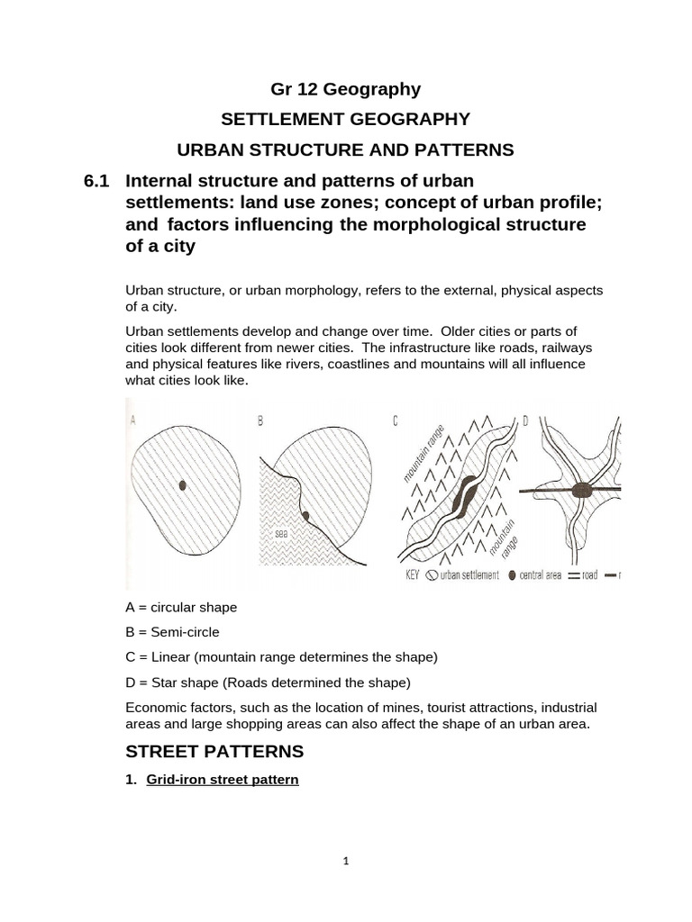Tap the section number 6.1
point(96,180)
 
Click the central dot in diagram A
point(183,484)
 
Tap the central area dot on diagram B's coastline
point(306,516)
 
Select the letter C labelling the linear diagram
point(395,420)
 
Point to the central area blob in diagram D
point(583,490)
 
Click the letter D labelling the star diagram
point(525,420)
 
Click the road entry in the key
point(585,575)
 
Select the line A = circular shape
point(182,608)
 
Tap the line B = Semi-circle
point(173,632)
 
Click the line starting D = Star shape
point(268,681)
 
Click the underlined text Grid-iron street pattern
point(222,780)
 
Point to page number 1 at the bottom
point(346,861)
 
